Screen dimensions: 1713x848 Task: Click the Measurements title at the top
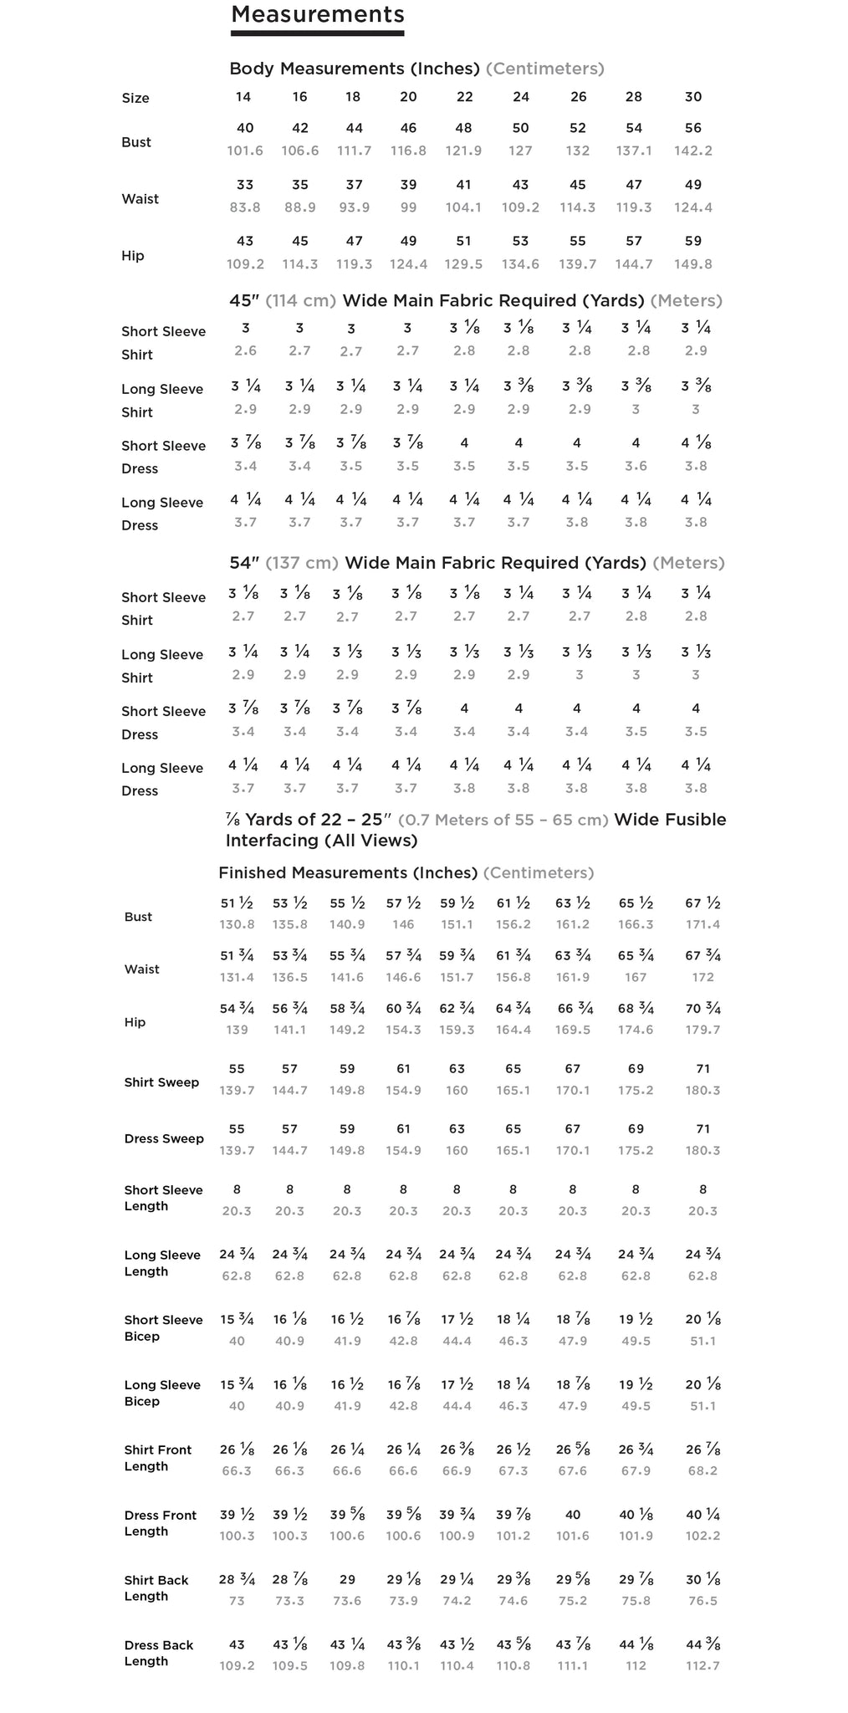pos(317,14)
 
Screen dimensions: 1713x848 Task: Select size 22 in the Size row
pos(465,97)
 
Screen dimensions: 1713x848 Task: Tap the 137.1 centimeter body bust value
pos(634,151)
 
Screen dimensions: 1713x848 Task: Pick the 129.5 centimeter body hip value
pos(464,264)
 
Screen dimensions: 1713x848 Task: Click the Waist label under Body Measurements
pos(140,199)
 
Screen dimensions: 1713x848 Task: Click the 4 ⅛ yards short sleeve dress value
pos(696,443)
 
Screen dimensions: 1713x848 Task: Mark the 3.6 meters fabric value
pos(636,466)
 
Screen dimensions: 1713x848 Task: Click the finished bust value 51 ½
pos(237,903)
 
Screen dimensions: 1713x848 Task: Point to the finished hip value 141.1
pos(289,1030)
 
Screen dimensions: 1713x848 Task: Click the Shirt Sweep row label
pos(161,1082)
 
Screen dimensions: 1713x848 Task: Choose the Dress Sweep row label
pos(164,1138)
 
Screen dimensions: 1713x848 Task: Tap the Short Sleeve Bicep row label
pos(163,1327)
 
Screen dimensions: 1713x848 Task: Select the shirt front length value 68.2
pos(702,1470)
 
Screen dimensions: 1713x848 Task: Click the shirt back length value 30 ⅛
pos(702,1579)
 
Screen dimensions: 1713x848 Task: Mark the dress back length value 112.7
pos(702,1665)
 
